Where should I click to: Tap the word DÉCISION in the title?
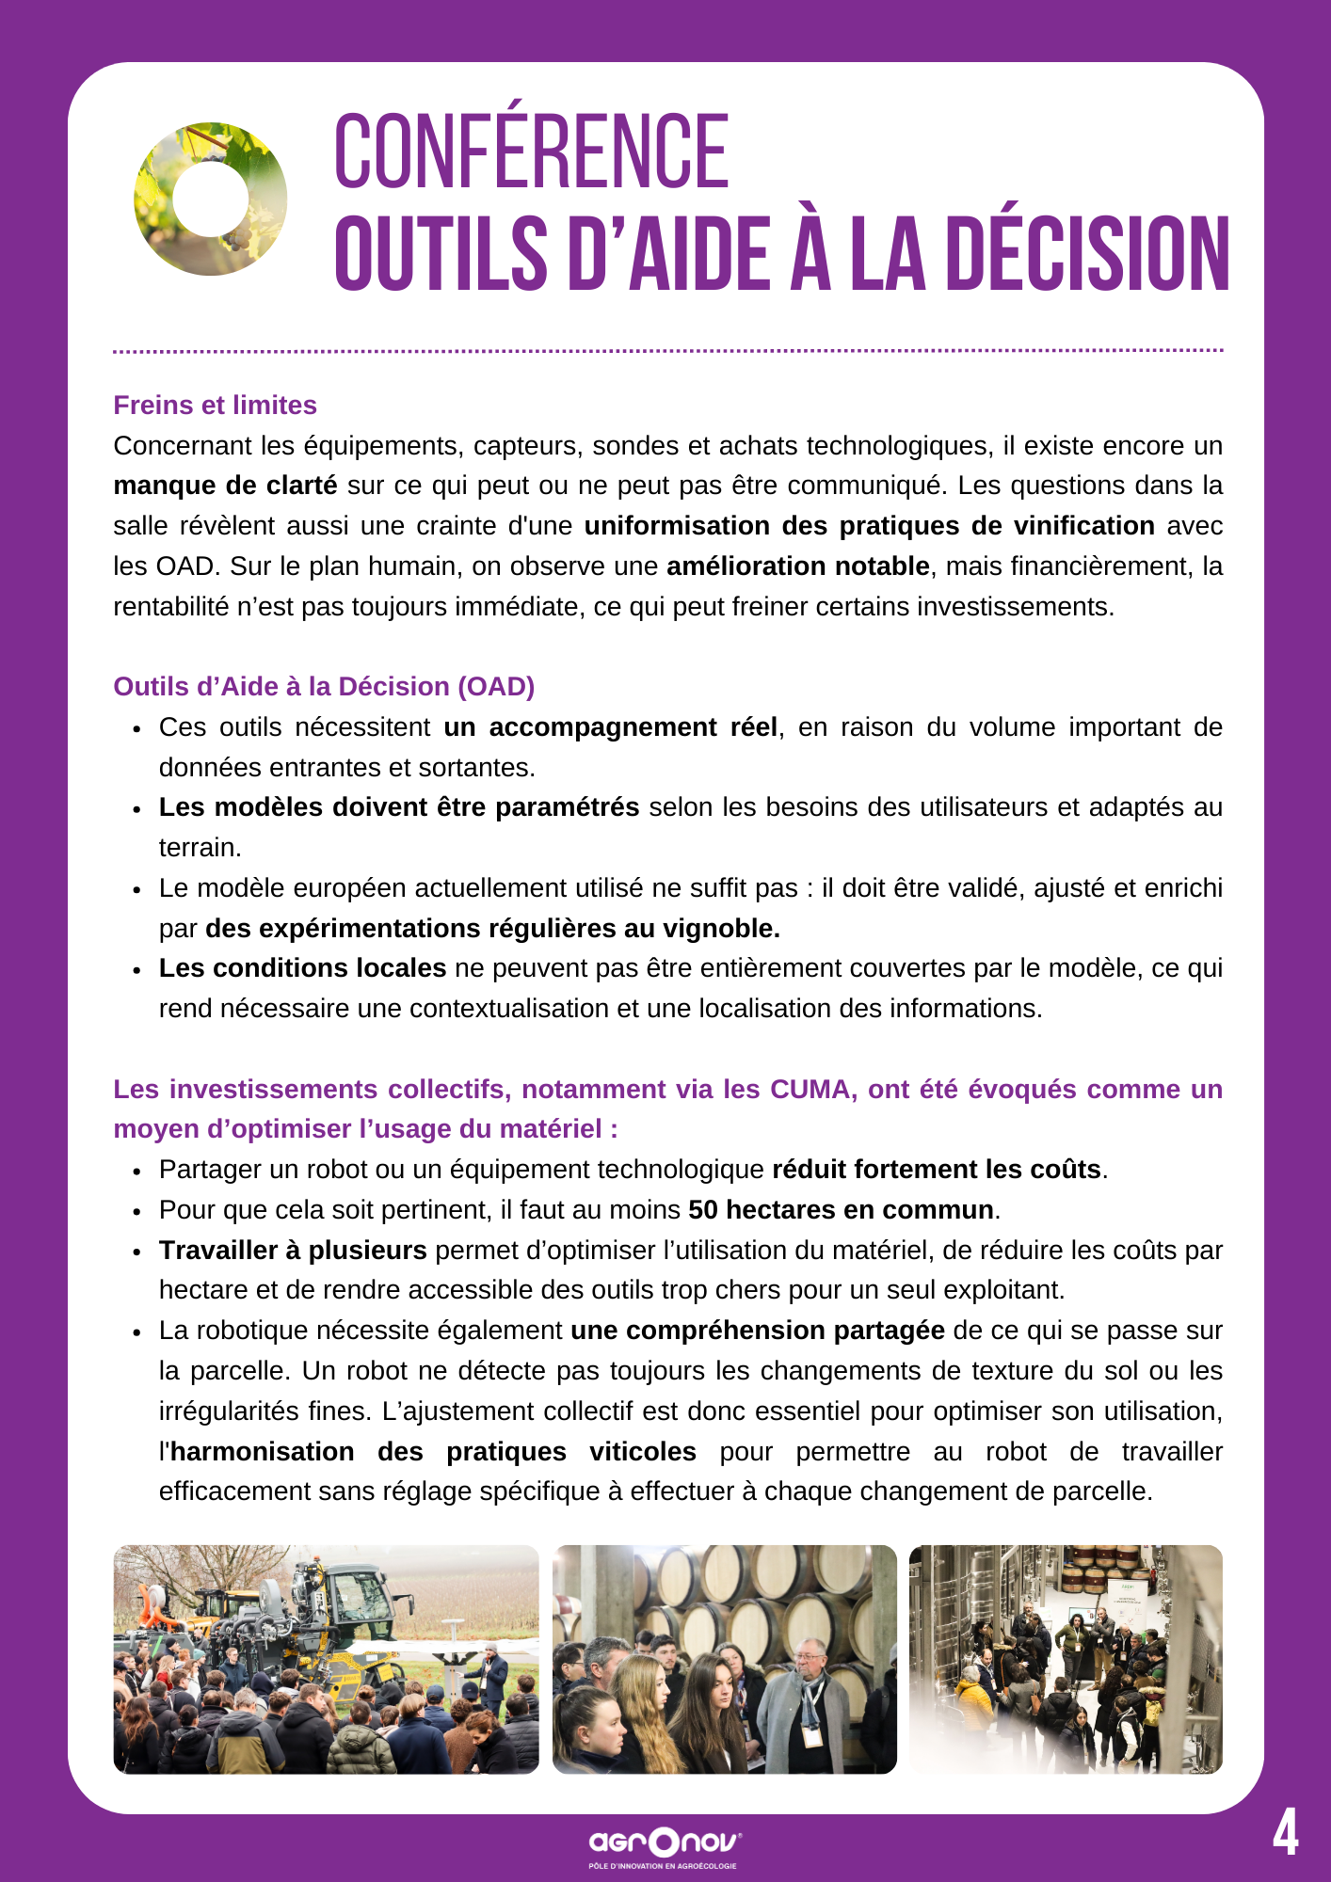[1087, 254]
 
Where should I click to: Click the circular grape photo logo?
[211, 199]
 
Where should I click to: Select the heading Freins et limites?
[215, 405]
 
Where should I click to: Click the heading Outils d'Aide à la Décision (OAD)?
[324, 686]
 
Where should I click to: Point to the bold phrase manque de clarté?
[225, 486]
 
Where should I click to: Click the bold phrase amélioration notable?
[797, 566]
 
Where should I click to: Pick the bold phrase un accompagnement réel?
[610, 727]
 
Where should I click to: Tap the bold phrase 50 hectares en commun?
[841, 1210]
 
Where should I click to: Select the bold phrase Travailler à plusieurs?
[293, 1251]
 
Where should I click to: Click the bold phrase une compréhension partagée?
[758, 1331]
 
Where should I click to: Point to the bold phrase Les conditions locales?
[302, 968]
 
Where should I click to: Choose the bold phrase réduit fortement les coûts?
[937, 1170]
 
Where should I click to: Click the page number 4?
[1285, 1833]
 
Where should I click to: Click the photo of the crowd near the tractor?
[326, 1659]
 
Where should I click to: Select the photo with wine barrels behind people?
[724, 1659]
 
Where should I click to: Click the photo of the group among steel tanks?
[1066, 1659]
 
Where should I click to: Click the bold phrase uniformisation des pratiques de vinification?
[869, 526]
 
